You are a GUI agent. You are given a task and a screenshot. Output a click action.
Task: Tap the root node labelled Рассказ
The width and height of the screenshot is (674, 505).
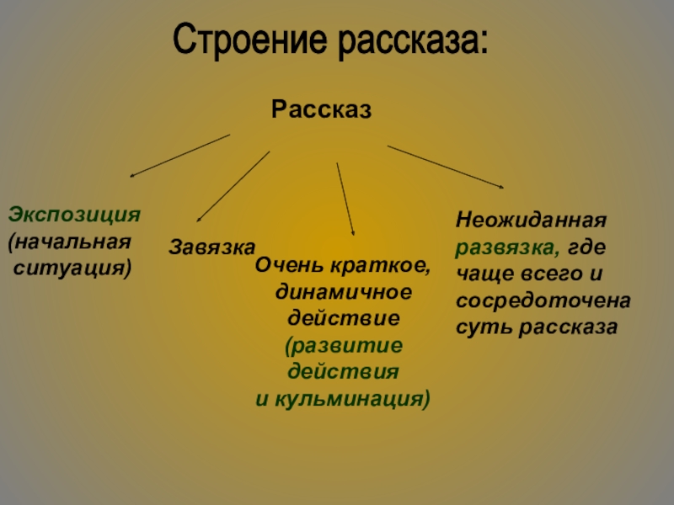(x=321, y=109)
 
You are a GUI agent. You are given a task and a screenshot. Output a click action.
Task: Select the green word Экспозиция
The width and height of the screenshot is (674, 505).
(x=74, y=213)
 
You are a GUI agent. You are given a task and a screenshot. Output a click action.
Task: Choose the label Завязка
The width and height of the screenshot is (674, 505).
(x=212, y=247)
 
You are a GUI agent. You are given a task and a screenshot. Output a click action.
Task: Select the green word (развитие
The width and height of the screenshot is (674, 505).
(x=343, y=345)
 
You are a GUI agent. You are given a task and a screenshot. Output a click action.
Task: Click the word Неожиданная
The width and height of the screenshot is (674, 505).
(x=532, y=221)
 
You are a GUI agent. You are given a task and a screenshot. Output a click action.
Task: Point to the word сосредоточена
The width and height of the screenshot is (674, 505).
(x=544, y=300)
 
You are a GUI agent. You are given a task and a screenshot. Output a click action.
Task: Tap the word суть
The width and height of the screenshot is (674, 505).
(x=480, y=327)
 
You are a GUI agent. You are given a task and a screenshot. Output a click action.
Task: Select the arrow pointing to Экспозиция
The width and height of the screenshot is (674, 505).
(x=179, y=156)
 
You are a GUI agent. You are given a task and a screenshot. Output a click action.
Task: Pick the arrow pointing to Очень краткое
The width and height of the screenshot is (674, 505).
(x=345, y=199)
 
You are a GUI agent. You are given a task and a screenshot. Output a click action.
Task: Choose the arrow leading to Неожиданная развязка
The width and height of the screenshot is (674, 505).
(x=446, y=167)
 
